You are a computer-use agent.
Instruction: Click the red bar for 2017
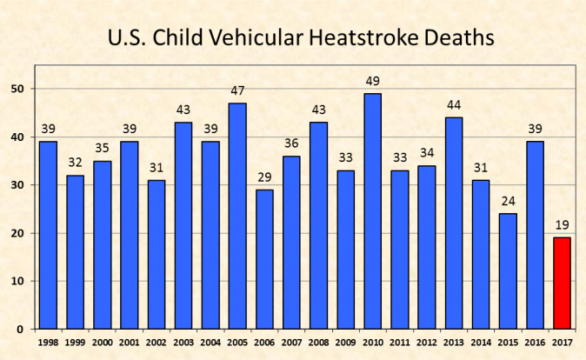pos(562,283)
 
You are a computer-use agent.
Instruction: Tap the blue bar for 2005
pos(237,217)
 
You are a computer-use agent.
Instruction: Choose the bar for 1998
pos(48,236)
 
